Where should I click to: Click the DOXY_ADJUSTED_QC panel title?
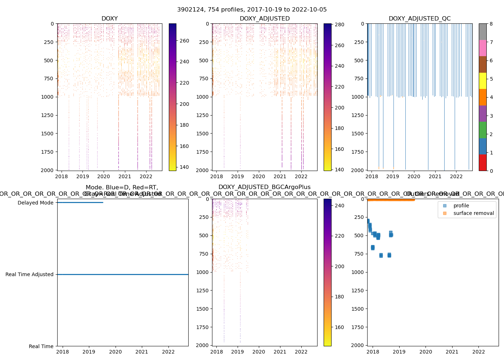[x=419, y=19]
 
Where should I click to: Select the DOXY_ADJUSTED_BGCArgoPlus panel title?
[x=264, y=187]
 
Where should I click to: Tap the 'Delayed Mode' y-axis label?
[x=35, y=203]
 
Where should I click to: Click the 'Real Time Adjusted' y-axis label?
[x=29, y=274]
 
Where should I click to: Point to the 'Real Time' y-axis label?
[x=41, y=346]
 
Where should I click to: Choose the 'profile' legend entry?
[x=461, y=206]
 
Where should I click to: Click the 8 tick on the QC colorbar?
[x=491, y=24]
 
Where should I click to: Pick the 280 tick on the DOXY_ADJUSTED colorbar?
[x=339, y=24]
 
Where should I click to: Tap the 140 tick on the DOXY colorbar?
[x=184, y=167]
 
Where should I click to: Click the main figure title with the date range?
[x=252, y=10]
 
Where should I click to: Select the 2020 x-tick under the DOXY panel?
[x=104, y=176]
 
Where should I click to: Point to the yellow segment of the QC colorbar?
[x=482, y=81]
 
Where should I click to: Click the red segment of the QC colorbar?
[x=482, y=162]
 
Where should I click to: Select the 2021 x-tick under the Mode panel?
[x=142, y=352]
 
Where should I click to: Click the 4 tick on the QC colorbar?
[x=491, y=97]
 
